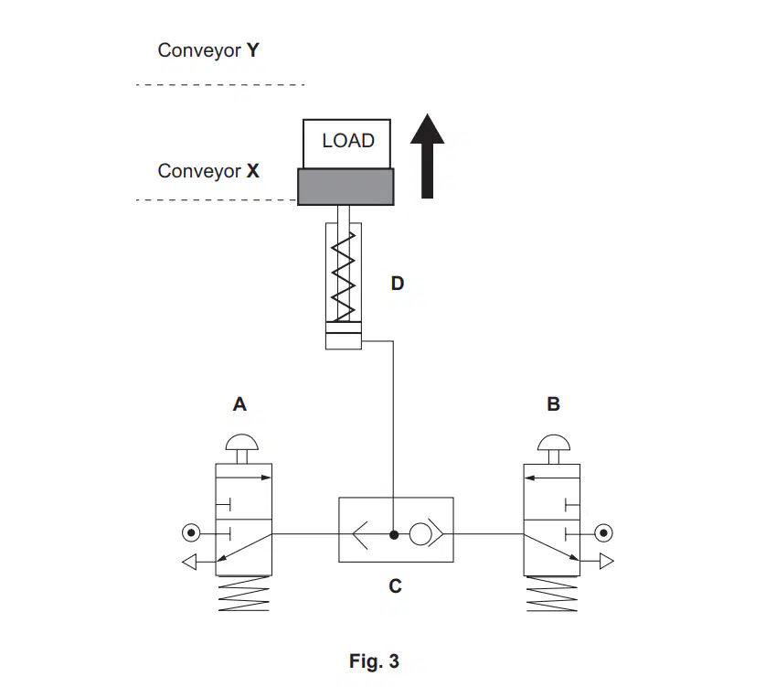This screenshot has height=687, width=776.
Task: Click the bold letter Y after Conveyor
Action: tap(253, 50)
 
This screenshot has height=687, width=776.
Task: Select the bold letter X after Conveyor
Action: tap(253, 171)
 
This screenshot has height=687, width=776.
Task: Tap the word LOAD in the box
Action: tap(348, 141)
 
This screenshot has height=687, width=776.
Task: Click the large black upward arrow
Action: tap(427, 156)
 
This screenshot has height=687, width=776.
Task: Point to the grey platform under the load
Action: tap(345, 187)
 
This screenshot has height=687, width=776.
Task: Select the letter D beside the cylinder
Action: tap(398, 284)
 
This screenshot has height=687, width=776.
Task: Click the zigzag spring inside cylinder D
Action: tap(343, 276)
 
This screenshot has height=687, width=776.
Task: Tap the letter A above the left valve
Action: tap(239, 404)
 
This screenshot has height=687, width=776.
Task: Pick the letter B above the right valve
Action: tap(553, 404)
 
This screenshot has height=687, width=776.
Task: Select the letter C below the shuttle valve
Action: tap(395, 586)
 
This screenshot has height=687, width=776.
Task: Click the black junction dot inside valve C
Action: tap(394, 534)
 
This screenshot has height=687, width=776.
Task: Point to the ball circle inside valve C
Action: tap(420, 534)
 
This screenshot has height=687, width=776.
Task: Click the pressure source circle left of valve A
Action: tap(191, 533)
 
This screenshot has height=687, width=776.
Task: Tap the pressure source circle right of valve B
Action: tap(603, 533)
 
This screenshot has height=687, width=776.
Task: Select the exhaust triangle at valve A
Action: tap(189, 562)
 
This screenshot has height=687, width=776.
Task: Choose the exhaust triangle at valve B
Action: tap(607, 561)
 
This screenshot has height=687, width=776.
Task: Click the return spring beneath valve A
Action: tap(243, 594)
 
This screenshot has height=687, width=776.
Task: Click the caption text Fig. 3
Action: tap(374, 661)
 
